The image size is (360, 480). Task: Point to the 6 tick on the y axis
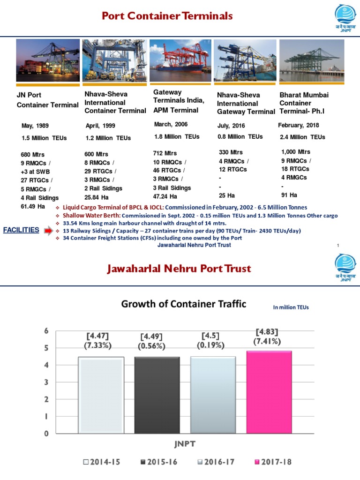(46, 331)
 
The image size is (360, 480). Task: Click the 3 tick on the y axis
(46, 382)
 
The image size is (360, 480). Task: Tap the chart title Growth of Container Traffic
(184, 304)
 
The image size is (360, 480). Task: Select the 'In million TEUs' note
(291, 307)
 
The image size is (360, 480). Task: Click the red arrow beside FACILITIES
(49, 231)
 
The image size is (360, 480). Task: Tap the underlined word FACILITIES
(21, 230)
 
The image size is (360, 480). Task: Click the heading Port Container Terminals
(167, 16)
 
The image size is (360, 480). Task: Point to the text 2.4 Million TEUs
(302, 137)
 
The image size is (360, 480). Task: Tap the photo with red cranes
(180, 60)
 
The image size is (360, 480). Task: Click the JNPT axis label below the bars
(180, 443)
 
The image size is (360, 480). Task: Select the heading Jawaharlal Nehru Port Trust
(180, 269)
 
